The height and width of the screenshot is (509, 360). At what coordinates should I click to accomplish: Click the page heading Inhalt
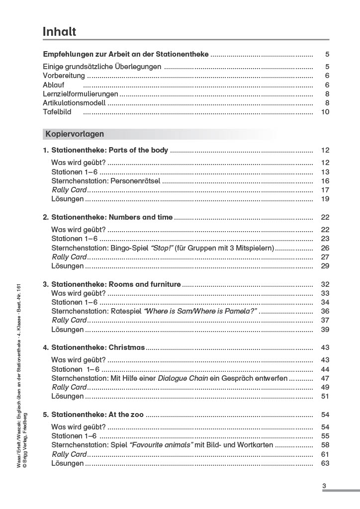click(x=59, y=32)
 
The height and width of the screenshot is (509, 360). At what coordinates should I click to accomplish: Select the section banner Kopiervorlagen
click(x=75, y=134)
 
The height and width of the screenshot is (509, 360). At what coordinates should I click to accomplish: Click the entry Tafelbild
click(x=57, y=112)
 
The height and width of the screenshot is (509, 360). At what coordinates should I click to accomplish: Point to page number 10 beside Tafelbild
click(x=325, y=112)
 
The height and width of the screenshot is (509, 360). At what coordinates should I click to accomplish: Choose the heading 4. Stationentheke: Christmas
click(x=93, y=347)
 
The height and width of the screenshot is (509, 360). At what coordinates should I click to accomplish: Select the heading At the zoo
click(x=126, y=414)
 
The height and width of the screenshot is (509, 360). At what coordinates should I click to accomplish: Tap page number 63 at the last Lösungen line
click(x=325, y=463)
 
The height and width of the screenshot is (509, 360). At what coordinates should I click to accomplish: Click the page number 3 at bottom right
click(x=324, y=486)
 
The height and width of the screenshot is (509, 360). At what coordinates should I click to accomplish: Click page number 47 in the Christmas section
click(x=325, y=378)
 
